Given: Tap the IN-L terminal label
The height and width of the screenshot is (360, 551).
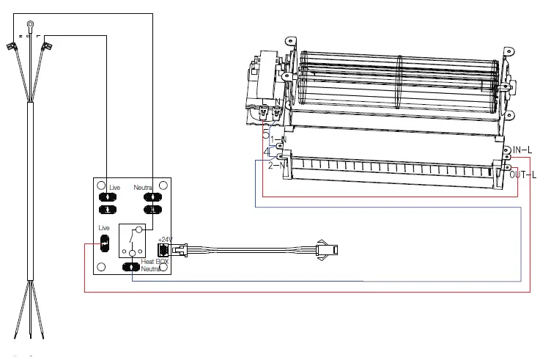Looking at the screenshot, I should (522, 150).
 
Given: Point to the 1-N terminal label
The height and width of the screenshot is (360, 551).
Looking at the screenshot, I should (277, 139).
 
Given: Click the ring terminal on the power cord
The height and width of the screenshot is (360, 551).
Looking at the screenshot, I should (30, 27).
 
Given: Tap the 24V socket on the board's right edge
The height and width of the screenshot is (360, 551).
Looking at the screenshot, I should (164, 249).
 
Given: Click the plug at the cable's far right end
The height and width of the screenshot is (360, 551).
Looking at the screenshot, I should (325, 249).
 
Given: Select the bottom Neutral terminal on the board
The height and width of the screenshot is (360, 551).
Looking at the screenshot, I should (132, 266).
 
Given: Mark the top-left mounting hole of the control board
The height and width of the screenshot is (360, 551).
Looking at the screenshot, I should (100, 184).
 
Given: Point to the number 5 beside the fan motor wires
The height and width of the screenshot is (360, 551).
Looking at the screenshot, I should (266, 133).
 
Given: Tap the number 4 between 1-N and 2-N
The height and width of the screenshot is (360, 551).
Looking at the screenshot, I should (267, 153).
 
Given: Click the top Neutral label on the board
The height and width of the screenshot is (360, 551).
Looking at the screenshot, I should (142, 188).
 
